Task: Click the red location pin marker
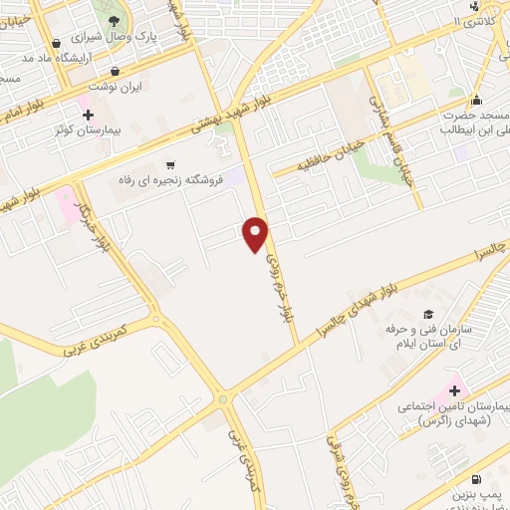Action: click(256, 232)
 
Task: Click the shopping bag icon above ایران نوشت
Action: click(118, 71)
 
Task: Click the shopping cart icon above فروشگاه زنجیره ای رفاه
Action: click(171, 164)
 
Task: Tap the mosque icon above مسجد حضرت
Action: click(477, 100)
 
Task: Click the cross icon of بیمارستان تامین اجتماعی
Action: click(455, 389)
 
